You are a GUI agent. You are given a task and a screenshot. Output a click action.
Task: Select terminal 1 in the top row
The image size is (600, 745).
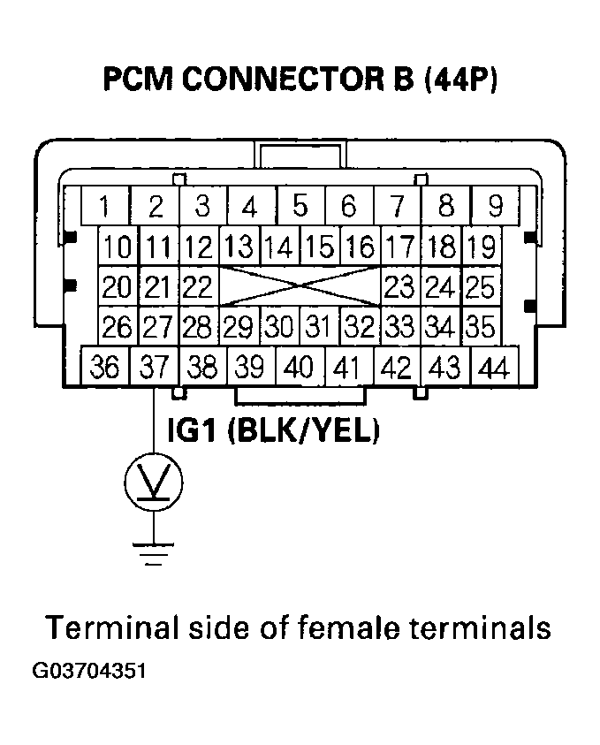[x=105, y=207]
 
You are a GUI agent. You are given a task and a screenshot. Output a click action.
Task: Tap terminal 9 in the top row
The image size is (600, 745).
[x=495, y=207]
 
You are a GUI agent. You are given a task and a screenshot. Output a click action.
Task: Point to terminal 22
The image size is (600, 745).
[x=199, y=287]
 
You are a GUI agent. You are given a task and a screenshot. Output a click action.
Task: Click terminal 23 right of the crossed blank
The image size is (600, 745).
[x=399, y=287]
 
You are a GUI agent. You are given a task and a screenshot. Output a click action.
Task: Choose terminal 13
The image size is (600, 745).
[x=237, y=246]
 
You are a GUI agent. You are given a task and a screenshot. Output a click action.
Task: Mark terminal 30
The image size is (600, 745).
[x=279, y=327]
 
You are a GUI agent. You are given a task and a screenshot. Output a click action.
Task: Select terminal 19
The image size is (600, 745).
[x=482, y=246]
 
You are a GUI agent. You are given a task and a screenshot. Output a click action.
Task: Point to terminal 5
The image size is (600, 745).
[x=300, y=207]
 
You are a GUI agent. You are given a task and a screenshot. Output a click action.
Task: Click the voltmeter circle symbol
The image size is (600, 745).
[x=154, y=483]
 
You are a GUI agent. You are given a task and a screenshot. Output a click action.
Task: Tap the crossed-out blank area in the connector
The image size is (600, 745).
[x=300, y=287]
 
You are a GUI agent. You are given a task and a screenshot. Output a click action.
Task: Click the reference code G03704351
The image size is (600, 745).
[x=88, y=671]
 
